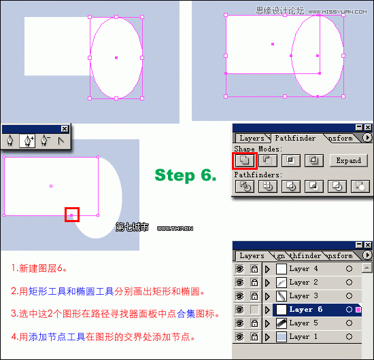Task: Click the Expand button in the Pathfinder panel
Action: [x=348, y=161]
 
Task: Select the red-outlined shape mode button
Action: [x=244, y=161]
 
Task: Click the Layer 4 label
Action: [x=303, y=269]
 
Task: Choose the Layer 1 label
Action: [x=303, y=337]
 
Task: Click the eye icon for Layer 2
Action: [x=239, y=283]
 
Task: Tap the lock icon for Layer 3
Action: [x=253, y=296]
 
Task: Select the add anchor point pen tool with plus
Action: [x=28, y=141]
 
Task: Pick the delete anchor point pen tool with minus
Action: [x=45, y=141]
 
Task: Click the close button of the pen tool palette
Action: [x=65, y=128]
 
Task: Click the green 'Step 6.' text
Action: [x=185, y=175]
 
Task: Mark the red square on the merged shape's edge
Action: [x=72, y=215]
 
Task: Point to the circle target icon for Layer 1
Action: [x=349, y=337]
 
